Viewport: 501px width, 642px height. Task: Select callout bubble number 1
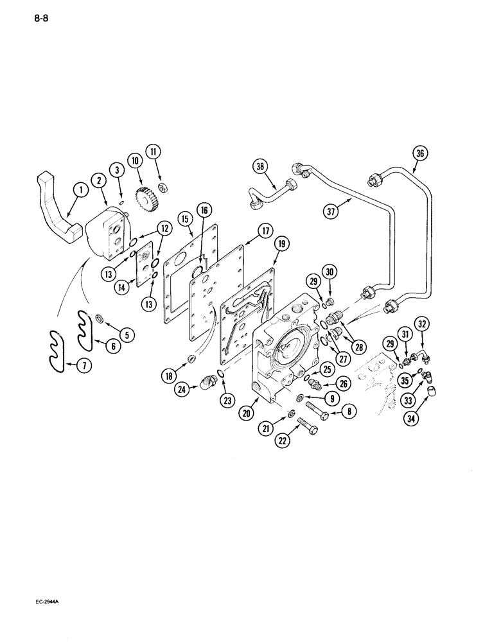click(80, 189)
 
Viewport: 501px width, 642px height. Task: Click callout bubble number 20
click(246, 415)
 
